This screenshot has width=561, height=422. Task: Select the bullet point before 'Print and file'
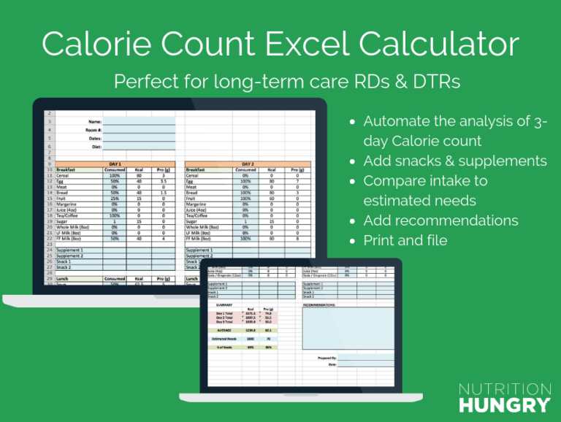coord(354,241)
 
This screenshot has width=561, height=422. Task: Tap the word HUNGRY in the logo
coord(505,404)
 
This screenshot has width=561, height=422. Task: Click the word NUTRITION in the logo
coord(505,389)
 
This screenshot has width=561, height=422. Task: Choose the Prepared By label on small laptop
coord(327,358)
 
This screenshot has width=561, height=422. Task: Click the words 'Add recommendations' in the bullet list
coord(440,220)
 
